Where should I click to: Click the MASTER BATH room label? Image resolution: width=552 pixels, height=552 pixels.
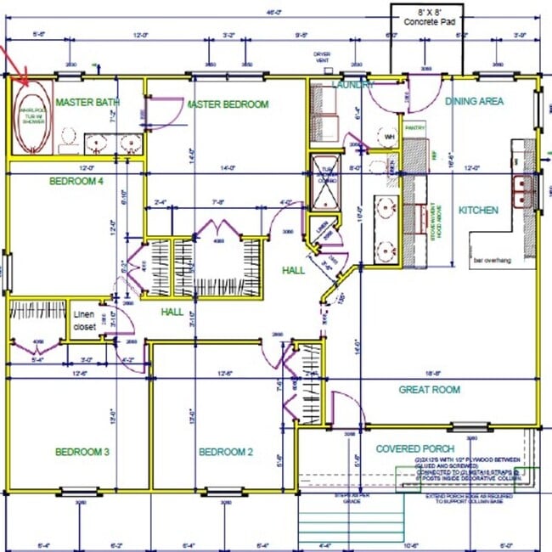click(x=87, y=102)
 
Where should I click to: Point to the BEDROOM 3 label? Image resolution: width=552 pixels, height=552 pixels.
click(x=82, y=452)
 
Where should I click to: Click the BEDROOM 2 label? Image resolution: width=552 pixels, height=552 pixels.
click(x=226, y=452)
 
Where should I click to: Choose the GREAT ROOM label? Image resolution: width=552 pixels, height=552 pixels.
click(x=430, y=390)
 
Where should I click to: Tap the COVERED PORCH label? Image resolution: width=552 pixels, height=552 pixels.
click(x=415, y=448)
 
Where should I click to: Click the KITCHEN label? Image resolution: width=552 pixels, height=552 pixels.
click(x=479, y=211)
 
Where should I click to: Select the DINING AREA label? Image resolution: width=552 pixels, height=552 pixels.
click(x=474, y=101)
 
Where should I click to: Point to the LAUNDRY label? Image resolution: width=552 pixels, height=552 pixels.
click(x=353, y=85)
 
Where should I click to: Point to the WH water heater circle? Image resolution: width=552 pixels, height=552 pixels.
click(x=390, y=137)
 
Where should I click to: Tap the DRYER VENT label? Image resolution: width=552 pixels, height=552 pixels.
click(x=322, y=58)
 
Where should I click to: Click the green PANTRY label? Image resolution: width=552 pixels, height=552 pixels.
click(x=414, y=127)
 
